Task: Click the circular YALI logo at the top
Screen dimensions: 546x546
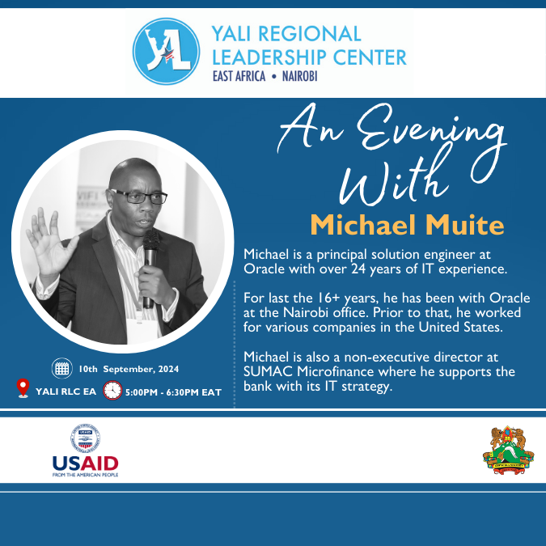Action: click(166, 52)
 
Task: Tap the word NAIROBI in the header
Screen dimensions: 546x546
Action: click(299, 76)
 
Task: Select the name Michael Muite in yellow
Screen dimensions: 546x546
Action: click(407, 225)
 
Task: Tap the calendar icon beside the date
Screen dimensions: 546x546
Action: click(62, 368)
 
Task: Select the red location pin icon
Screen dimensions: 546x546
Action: click(23, 388)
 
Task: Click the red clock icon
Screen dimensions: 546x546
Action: click(112, 390)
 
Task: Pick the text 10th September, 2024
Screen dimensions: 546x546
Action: click(129, 369)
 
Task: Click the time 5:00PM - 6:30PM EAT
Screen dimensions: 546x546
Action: click(173, 392)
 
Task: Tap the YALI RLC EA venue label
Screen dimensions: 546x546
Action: click(66, 392)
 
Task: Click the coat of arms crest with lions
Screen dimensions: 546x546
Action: click(508, 450)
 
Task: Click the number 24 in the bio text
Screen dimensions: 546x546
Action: click(358, 269)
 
